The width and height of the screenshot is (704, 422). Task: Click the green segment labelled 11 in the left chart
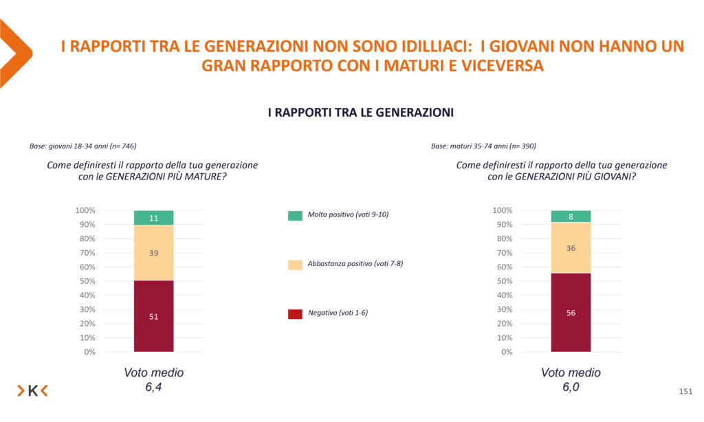click(153, 218)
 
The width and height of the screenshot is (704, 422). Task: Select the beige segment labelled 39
click(153, 253)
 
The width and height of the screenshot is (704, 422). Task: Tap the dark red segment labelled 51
click(153, 316)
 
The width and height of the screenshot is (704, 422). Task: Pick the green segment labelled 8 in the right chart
click(571, 216)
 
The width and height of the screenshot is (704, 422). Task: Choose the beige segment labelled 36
click(571, 247)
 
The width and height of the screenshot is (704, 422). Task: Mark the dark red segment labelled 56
click(571, 313)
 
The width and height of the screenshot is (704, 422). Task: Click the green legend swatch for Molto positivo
click(295, 215)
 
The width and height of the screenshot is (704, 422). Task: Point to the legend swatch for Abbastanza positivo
click(295, 264)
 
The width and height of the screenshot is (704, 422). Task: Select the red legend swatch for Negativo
click(295, 313)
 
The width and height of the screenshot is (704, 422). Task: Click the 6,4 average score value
click(154, 388)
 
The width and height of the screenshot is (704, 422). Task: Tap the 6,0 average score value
click(571, 388)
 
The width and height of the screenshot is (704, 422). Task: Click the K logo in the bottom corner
click(32, 391)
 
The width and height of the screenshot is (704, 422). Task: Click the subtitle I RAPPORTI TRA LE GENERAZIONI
click(360, 113)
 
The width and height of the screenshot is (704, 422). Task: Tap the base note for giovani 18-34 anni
click(82, 146)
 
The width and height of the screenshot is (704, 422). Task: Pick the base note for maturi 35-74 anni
click(483, 146)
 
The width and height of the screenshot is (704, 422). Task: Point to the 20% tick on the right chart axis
click(503, 324)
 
